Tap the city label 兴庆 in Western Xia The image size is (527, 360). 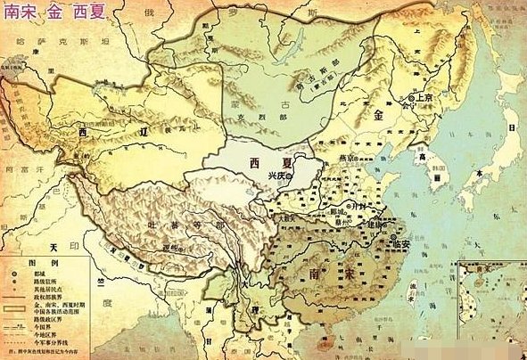(x=280, y=177)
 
